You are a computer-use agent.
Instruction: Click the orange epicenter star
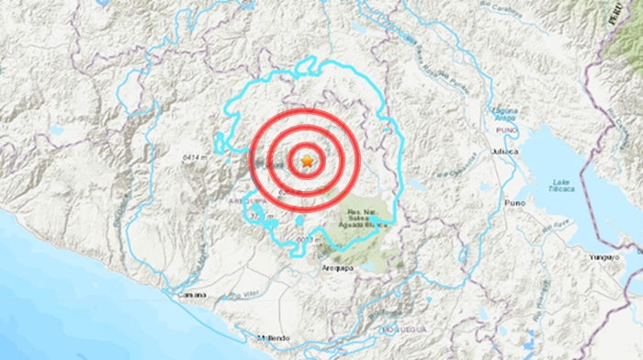click(307, 162)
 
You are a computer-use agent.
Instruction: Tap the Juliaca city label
click(506, 151)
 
